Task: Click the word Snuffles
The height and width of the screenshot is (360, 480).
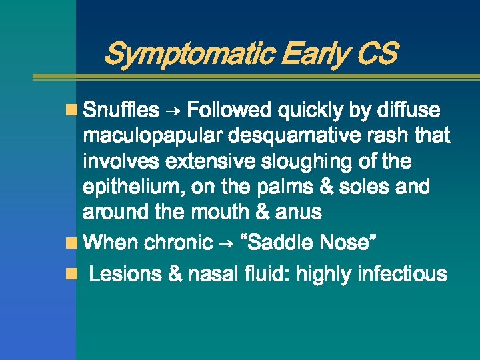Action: tap(122, 109)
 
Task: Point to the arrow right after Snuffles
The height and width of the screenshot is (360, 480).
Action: tap(173, 110)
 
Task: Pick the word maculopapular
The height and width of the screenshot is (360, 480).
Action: tap(154, 136)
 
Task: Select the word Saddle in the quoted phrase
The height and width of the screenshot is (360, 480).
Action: tap(284, 242)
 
